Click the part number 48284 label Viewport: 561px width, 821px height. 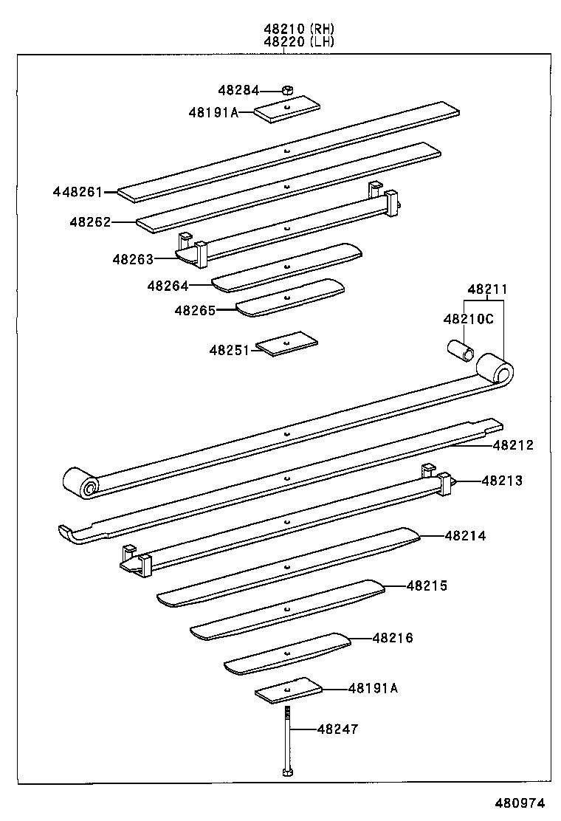coord(238,91)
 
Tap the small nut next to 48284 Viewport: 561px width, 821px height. coord(289,90)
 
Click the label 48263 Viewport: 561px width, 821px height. coord(133,259)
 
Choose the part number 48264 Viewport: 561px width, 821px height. coord(168,285)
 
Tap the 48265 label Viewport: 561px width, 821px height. coord(195,311)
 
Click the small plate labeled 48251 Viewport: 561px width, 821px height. coord(287,344)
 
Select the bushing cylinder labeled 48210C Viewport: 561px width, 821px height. coord(459,349)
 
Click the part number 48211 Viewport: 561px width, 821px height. coord(486,289)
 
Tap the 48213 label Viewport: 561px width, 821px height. coord(502,481)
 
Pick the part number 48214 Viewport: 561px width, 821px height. coord(465,536)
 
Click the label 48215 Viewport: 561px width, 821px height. coord(427,585)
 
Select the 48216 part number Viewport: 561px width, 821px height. coord(393,638)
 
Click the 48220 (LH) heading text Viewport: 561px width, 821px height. coord(299,42)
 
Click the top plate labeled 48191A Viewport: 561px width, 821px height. coord(287,111)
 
